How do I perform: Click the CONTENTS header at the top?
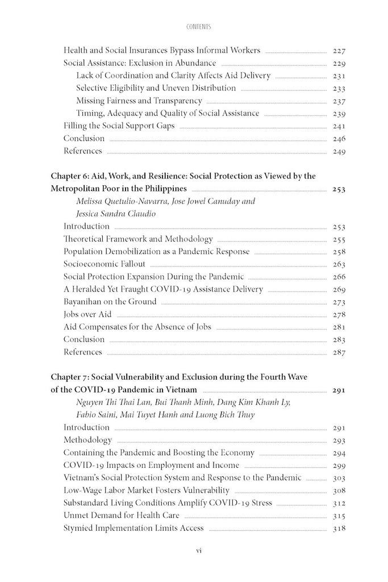[194, 27]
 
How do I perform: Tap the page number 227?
[339, 51]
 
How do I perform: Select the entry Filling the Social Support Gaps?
[119, 126]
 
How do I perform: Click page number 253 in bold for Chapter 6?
[339, 189]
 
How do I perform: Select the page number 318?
[339, 529]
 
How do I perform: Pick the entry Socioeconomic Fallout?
[105, 264]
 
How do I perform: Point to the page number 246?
[339, 138]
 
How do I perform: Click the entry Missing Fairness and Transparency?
[139, 101]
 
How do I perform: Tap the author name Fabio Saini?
[98, 414]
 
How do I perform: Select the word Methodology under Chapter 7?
[87, 440]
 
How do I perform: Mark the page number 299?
[339, 465]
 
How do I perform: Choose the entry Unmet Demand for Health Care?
[122, 516]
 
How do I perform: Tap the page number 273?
[339, 302]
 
